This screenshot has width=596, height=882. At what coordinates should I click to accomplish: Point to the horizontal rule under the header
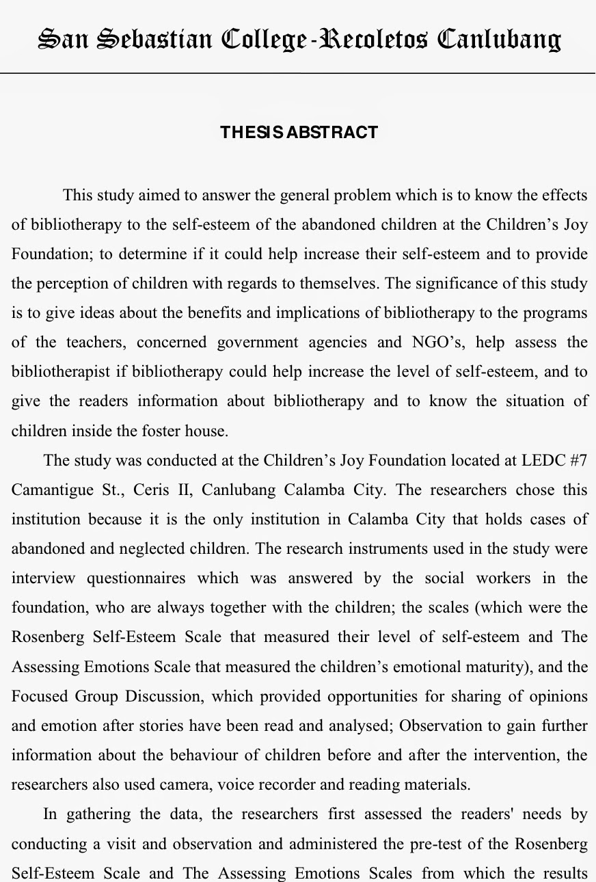point(298,72)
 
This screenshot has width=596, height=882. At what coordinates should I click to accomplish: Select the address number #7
point(578,460)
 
